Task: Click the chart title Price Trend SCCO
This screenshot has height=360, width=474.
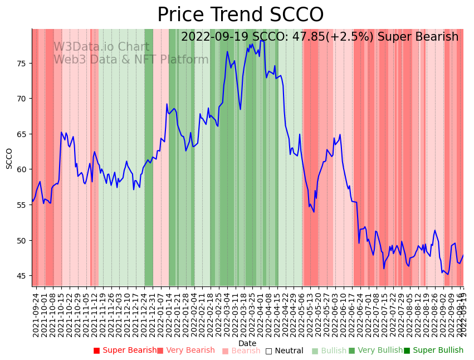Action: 240,15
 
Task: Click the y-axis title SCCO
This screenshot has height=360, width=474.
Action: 9,158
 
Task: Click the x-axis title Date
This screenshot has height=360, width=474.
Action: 247,343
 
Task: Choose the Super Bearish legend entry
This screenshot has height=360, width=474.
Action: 125,351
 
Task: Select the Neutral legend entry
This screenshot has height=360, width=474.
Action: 285,351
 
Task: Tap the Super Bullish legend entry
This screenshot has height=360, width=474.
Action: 434,351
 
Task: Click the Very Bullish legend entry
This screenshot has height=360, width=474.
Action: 375,351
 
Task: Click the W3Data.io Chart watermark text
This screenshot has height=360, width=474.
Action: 101,47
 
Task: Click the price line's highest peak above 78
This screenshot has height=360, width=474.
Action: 261,40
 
